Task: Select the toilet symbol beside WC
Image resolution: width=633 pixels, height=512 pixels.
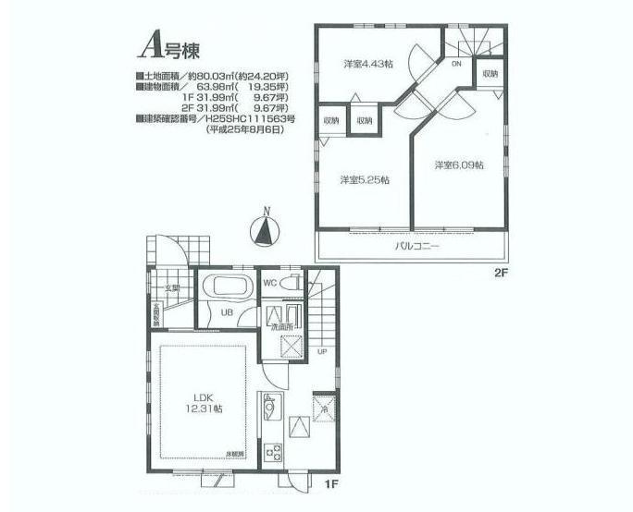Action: (x=292, y=284)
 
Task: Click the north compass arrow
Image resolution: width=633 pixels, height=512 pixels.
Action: (x=266, y=228)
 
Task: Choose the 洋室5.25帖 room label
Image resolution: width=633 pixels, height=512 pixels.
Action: (x=363, y=179)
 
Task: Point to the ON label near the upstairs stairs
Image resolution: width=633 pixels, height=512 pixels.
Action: (x=456, y=65)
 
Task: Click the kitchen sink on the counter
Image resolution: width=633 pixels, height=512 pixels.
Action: (x=272, y=405)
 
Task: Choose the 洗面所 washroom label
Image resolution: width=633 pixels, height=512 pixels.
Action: (x=281, y=326)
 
